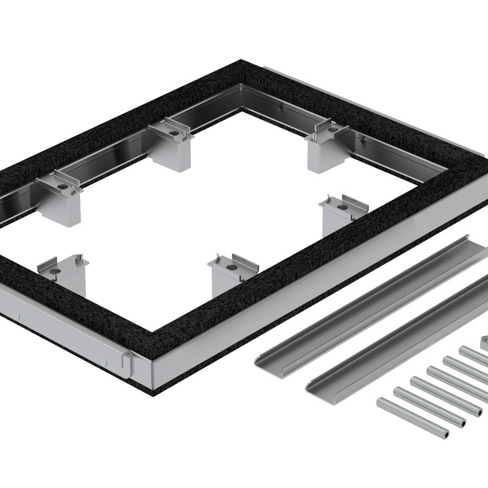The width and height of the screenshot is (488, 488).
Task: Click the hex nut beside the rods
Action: pos(484,343)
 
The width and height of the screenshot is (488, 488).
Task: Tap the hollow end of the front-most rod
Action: pos(445,434)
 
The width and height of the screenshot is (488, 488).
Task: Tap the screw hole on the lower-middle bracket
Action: pos(231,267)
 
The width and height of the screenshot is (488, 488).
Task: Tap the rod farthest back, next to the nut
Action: pos(473,355)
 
